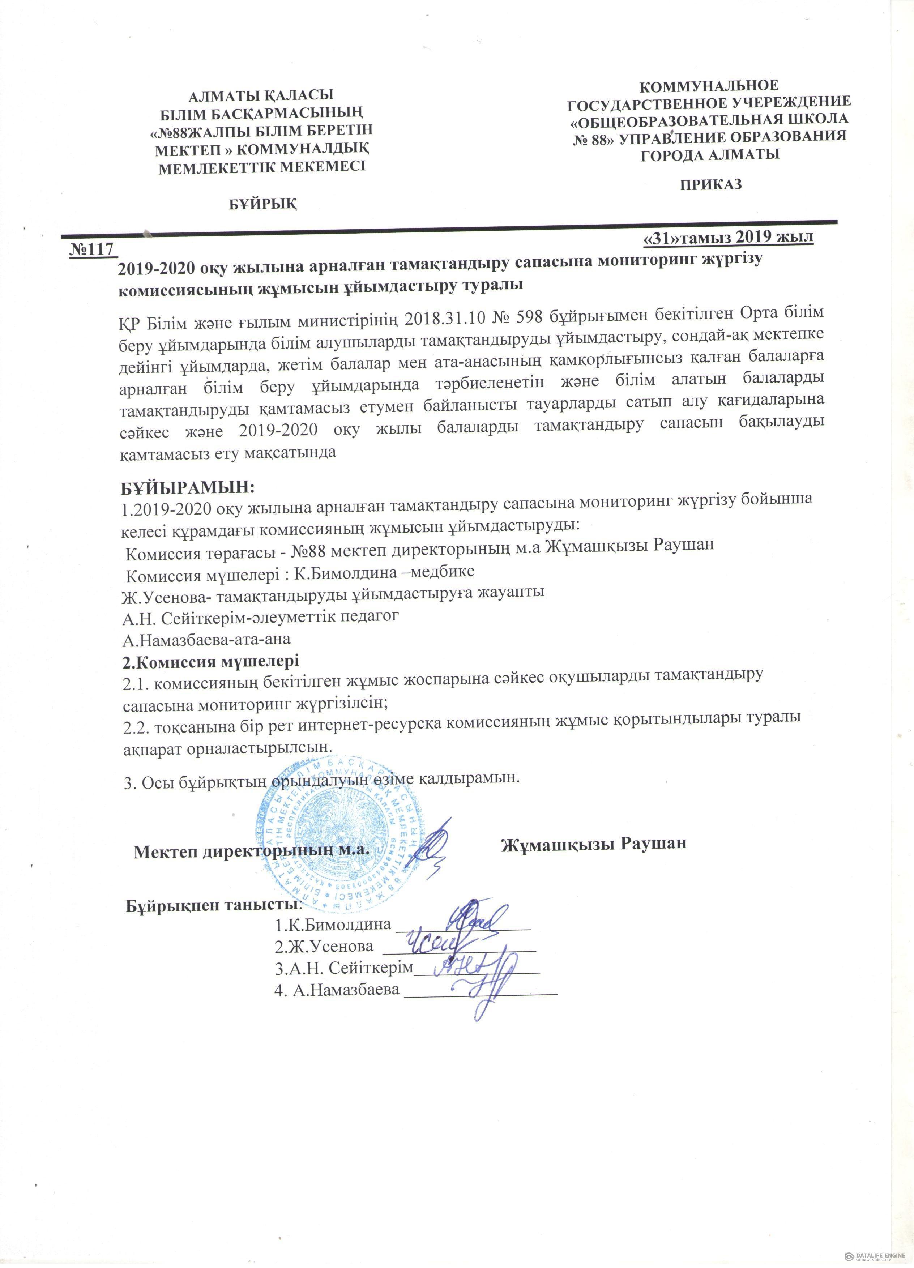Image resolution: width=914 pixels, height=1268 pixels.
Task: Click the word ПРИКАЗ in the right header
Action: [x=710, y=184]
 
